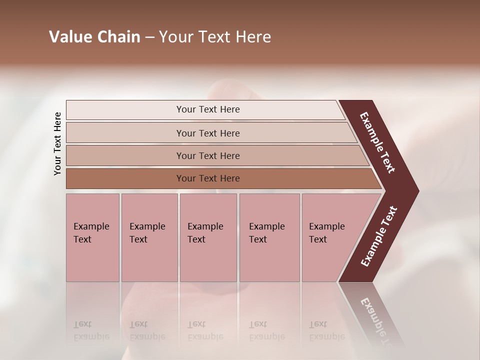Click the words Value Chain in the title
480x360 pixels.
(x=94, y=37)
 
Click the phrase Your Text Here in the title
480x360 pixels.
(x=215, y=37)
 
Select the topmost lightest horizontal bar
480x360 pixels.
(x=208, y=109)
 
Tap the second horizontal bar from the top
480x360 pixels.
(x=208, y=133)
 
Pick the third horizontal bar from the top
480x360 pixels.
(x=208, y=155)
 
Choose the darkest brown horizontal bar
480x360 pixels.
(x=208, y=178)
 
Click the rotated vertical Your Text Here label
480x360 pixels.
(x=57, y=143)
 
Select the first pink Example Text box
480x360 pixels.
(x=92, y=237)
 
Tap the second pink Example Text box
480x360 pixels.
(x=149, y=237)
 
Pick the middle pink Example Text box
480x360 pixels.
(x=208, y=237)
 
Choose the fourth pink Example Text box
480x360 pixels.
(x=269, y=237)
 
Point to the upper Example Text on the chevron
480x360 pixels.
(x=377, y=142)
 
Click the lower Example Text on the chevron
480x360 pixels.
(x=379, y=236)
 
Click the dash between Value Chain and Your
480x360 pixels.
(x=149, y=37)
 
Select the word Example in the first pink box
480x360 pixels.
(x=91, y=226)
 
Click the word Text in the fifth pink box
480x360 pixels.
(x=318, y=239)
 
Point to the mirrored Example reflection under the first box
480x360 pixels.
(x=91, y=337)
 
